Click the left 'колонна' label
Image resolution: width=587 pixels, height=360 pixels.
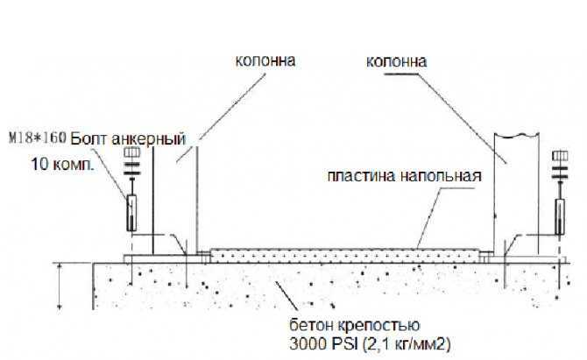pos(265,61)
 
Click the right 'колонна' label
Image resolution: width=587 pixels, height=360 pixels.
pos(396,61)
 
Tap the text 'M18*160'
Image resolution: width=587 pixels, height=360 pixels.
pos(37,138)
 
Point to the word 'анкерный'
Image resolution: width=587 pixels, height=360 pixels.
pos(148,139)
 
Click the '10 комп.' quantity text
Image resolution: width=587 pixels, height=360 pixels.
pos(62,164)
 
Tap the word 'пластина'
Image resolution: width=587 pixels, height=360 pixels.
pos(361,176)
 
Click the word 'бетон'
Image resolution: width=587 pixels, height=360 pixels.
pos(311,325)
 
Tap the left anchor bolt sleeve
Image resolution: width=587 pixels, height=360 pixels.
pos(131,213)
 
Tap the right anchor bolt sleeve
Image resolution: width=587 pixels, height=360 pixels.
pos(560,216)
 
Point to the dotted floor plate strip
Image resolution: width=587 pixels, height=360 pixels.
pos(345,256)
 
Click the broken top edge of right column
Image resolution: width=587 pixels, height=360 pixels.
pos(517,136)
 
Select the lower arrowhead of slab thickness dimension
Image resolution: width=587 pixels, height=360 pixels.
pos(60,307)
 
